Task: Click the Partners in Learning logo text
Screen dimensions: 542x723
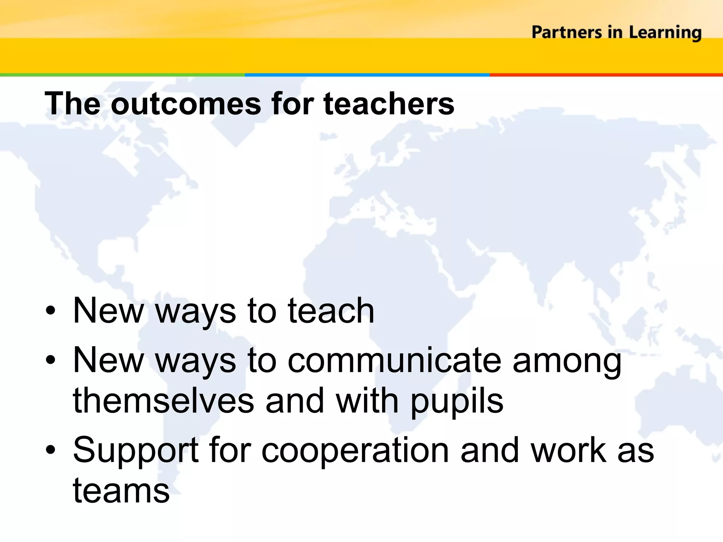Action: click(x=616, y=32)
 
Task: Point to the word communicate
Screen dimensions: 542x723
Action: click(x=394, y=360)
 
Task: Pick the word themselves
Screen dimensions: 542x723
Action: click(x=163, y=401)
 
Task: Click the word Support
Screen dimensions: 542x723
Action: click(x=136, y=451)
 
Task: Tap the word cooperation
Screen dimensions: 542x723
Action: click(x=355, y=451)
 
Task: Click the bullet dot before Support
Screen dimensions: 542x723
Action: click(x=50, y=450)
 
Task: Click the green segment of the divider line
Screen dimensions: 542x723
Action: click(x=122, y=75)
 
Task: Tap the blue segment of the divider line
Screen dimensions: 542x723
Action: click(x=367, y=75)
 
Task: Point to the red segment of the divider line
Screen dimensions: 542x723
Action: click(x=606, y=75)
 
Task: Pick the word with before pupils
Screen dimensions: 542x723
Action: click(x=367, y=401)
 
